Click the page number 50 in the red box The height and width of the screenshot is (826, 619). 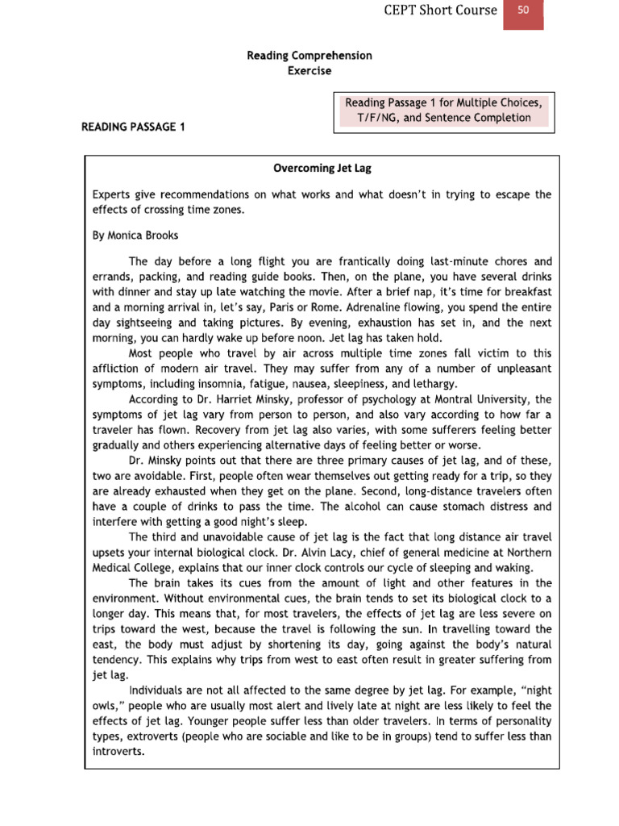[523, 11]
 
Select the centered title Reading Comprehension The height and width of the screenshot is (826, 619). [309, 56]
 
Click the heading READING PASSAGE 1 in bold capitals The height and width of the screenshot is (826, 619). [133, 127]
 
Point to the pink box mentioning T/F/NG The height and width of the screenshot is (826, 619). [444, 111]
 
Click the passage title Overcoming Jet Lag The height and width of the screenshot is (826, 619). [322, 169]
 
